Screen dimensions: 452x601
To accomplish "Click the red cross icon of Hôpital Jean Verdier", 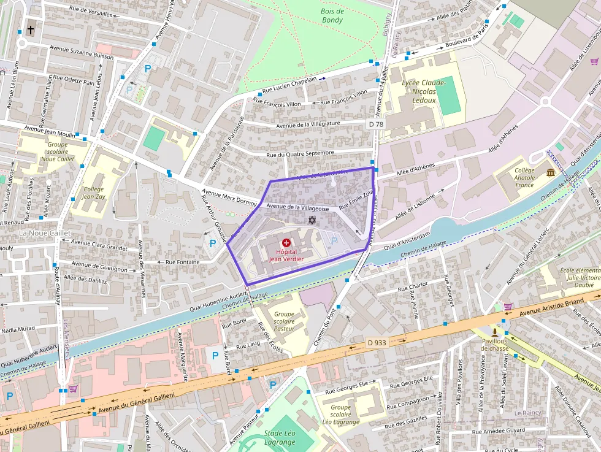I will (x=286, y=243).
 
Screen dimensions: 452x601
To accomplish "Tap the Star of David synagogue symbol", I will (x=312, y=220).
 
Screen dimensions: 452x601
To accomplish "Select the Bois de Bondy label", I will (x=332, y=15).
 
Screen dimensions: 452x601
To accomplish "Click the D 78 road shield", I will (x=376, y=124).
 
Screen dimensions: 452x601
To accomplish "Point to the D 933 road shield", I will (x=377, y=342).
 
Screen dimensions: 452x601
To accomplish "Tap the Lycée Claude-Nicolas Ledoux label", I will (x=424, y=91).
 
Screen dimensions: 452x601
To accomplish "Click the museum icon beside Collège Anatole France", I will (x=550, y=172).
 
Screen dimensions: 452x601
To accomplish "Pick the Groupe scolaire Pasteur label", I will (x=284, y=321).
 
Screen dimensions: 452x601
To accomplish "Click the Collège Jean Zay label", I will (x=93, y=193).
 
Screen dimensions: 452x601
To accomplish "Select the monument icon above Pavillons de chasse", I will (x=494, y=332).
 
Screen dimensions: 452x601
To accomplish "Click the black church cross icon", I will (x=31, y=29).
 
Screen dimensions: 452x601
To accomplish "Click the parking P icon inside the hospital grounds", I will (x=334, y=241).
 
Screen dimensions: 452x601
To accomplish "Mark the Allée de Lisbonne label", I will (x=416, y=207).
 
